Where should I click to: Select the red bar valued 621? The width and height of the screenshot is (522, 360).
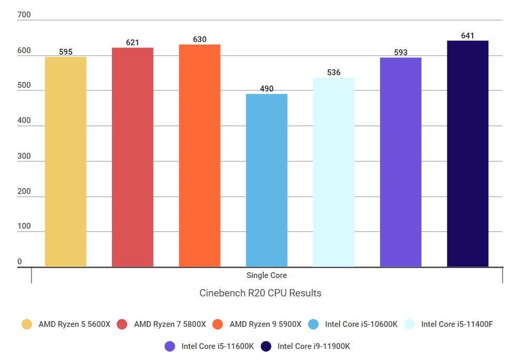tap(132, 157)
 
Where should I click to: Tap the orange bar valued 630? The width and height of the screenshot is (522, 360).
tap(200, 156)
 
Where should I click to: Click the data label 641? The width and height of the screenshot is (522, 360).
tap(467, 36)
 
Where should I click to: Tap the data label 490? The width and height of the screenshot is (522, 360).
tap(267, 89)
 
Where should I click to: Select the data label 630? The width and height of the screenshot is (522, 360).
tap(200, 39)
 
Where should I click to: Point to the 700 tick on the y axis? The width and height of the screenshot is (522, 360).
tap(24, 15)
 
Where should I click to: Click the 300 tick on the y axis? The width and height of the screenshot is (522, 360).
tap(24, 156)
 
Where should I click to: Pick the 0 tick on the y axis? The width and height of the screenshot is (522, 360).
tap(20, 262)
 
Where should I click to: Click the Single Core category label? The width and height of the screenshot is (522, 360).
tap(267, 275)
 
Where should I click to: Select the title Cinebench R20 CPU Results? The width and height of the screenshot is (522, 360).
tap(260, 293)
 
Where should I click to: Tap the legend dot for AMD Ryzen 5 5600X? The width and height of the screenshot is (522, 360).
tap(27, 324)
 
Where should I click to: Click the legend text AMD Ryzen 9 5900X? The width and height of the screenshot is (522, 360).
tap(265, 324)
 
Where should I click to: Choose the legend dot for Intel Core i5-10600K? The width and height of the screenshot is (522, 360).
tap(314, 324)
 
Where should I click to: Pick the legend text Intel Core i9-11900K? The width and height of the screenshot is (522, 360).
tap(313, 346)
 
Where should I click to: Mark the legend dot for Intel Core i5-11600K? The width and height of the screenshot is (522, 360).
tap(170, 346)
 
